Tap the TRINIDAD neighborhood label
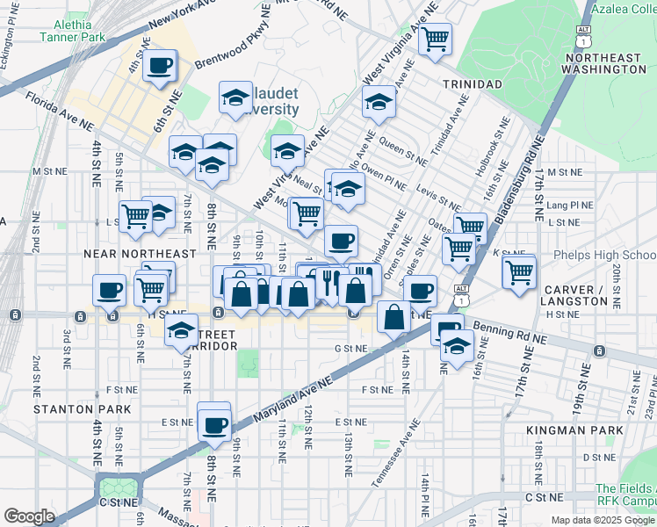click(472, 83)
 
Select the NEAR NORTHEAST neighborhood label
click(140, 254)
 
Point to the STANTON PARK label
click(83, 409)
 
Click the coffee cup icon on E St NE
click(214, 426)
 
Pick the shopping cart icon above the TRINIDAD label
click(435, 38)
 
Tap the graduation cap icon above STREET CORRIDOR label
click(182, 330)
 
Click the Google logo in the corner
click(29, 516)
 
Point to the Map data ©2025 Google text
click(603, 520)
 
